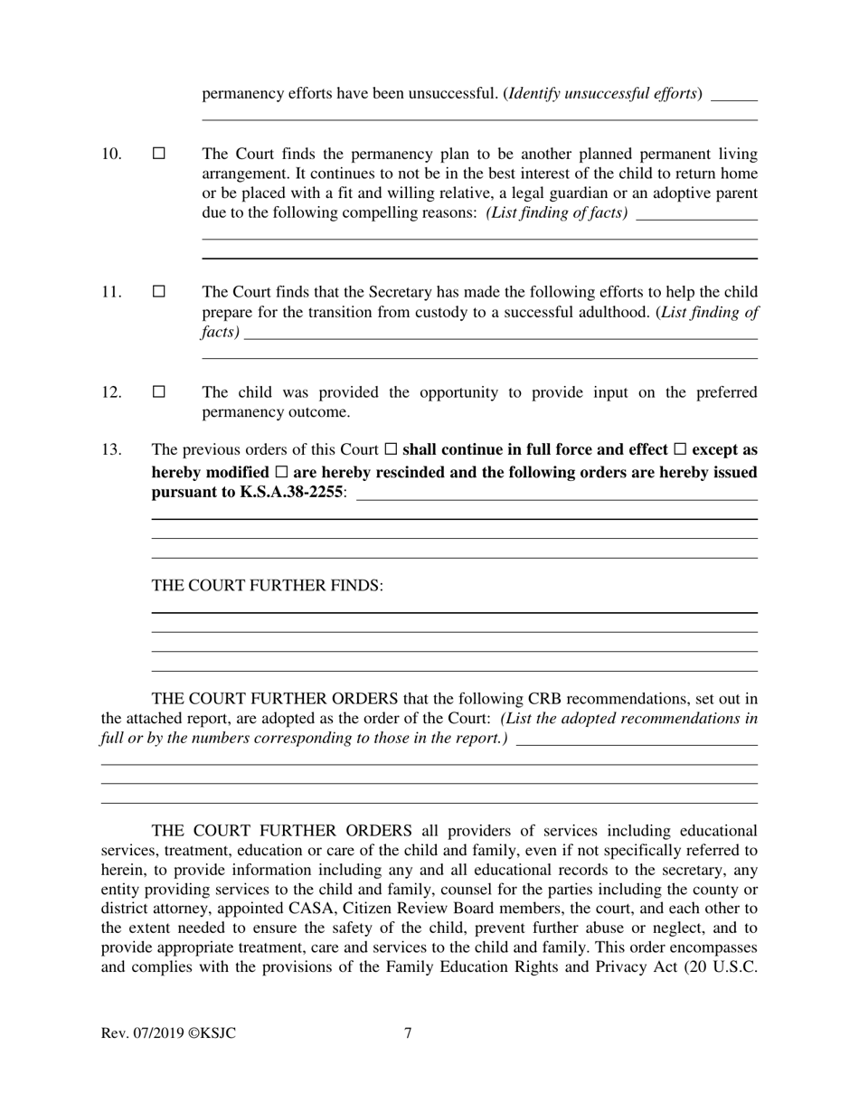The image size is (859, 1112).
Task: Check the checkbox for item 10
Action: [x=159, y=154]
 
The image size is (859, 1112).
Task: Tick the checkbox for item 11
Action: [x=159, y=292]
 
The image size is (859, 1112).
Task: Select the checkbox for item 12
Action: [x=159, y=392]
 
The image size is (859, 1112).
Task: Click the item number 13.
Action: [x=111, y=449]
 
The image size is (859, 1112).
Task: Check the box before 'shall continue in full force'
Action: [x=391, y=449]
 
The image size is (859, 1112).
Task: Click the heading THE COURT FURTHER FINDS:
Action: [x=268, y=586]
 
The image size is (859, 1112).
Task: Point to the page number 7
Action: [x=408, y=1033]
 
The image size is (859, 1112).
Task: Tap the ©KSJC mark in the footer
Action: [x=212, y=1033]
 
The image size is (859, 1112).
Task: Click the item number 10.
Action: [x=111, y=154]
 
